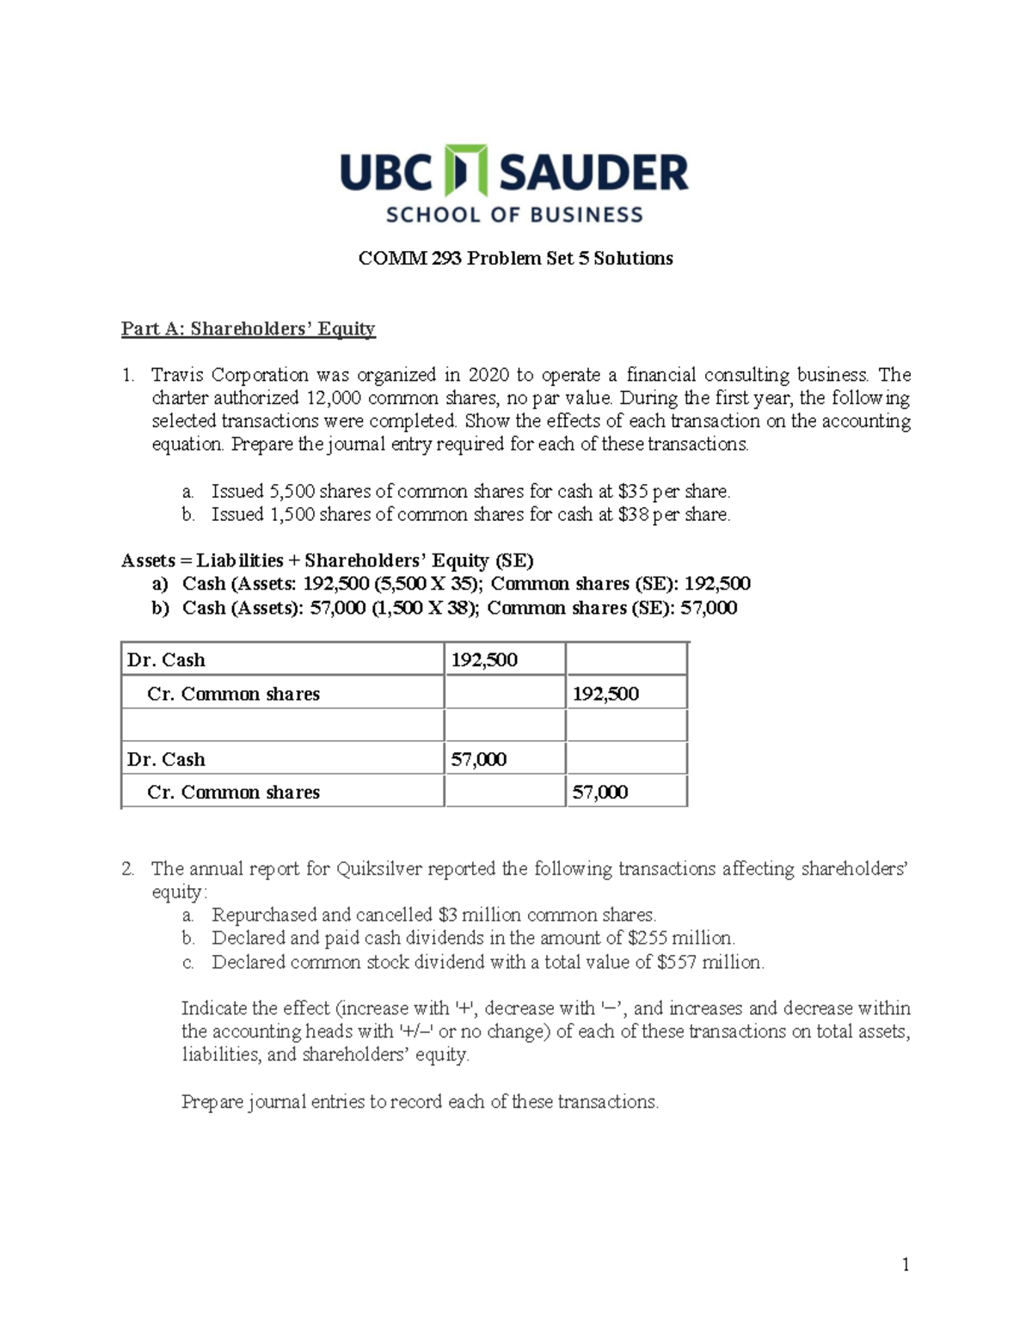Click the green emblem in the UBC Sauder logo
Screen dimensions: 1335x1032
465,170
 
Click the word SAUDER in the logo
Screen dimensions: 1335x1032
593,172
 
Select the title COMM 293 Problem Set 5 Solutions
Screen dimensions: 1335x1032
515,259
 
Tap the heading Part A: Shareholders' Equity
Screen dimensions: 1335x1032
248,328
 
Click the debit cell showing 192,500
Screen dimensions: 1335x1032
484,660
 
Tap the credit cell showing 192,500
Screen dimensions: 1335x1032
605,694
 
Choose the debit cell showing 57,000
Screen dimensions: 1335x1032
479,759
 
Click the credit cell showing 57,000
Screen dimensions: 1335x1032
599,793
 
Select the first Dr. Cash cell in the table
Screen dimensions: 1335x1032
166,660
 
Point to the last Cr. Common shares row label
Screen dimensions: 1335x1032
233,793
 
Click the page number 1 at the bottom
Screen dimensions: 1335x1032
905,1264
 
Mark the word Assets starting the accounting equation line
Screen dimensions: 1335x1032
148,561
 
